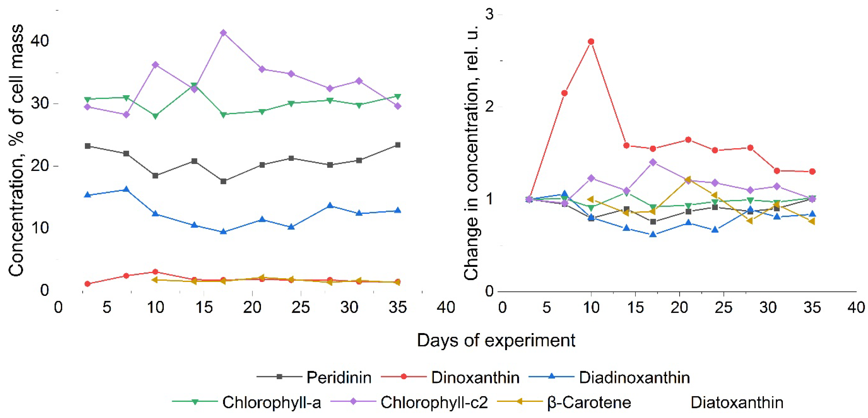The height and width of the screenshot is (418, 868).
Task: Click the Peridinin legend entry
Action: pos(338,377)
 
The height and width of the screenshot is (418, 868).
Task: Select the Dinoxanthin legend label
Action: pos(475,377)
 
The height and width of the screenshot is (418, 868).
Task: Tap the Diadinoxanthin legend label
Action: pos(634,377)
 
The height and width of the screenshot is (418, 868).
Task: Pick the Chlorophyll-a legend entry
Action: pos(271,403)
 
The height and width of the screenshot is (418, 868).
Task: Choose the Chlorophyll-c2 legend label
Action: pos(434,403)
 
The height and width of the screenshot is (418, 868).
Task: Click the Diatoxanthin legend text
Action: pos(737,403)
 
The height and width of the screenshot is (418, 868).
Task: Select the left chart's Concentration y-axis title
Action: pos(16,150)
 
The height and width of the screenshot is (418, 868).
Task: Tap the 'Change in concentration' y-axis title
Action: pos(471,152)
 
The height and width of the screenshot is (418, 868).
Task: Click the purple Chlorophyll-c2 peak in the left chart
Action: pos(223,33)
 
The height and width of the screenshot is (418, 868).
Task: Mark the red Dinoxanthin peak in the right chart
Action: pos(591,41)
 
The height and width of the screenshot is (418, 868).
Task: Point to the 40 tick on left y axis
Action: pos(40,40)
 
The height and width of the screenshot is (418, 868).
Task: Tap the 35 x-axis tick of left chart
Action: pos(398,307)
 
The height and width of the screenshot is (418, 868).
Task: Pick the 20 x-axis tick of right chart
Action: pos(679,307)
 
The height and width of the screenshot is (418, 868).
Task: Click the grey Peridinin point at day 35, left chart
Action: pos(398,145)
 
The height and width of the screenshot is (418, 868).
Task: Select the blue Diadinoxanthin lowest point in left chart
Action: pos(223,232)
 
